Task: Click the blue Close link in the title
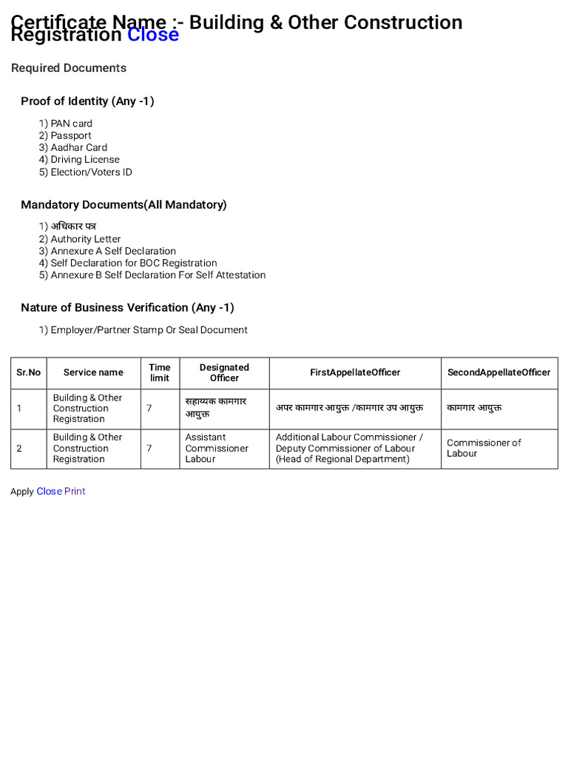coord(153,35)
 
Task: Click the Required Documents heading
coord(69,68)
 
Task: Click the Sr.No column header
coord(29,372)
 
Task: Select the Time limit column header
coord(159,372)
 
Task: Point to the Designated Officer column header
coord(224,372)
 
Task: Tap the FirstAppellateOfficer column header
coord(355,372)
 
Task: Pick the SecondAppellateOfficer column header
coord(499,372)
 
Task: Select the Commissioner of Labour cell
coord(484,448)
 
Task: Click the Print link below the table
coord(75,492)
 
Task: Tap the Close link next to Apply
coord(49,492)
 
